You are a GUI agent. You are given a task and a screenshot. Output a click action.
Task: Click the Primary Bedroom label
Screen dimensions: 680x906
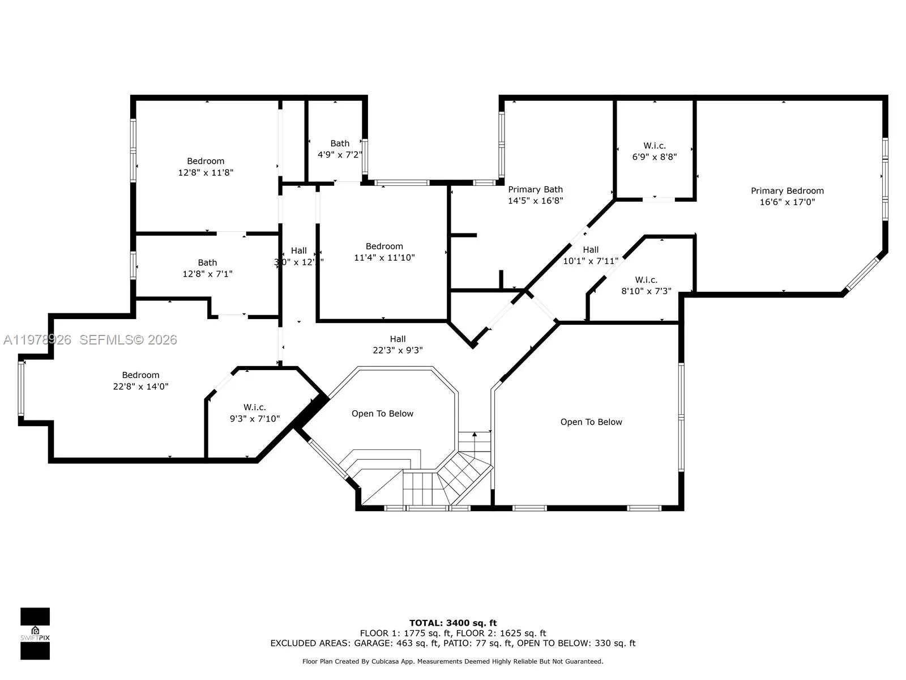[787, 191]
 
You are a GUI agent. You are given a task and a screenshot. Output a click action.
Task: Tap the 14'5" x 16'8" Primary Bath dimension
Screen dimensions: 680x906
[535, 201]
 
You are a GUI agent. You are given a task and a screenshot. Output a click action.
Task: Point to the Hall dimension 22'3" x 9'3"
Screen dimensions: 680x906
[398, 350]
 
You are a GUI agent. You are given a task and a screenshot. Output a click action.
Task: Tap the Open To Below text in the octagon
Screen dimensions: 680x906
[382, 414]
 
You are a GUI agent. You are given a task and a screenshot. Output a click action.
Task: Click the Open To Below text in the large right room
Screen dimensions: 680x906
[591, 422]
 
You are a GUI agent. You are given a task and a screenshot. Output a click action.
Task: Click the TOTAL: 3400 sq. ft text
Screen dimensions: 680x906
[453, 623]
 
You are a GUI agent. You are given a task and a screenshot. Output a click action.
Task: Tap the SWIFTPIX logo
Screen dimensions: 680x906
[35, 634]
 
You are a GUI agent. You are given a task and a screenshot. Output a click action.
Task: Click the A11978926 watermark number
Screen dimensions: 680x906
[37, 339]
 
